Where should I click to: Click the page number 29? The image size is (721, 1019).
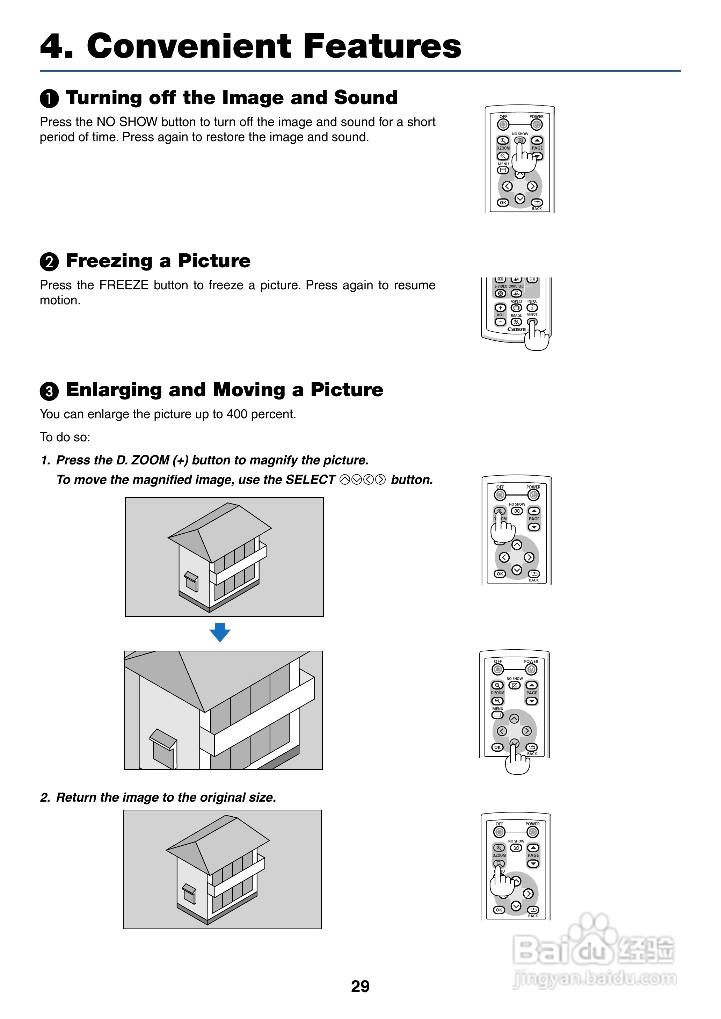tap(360, 986)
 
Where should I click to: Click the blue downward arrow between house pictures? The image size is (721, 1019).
tap(220, 632)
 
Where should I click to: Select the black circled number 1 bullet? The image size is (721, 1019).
tap(49, 99)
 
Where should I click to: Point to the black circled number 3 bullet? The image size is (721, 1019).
tap(49, 391)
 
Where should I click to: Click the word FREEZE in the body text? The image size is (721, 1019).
tap(124, 285)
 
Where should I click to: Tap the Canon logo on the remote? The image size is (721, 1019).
tap(516, 330)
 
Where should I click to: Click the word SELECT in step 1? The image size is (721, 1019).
tap(310, 480)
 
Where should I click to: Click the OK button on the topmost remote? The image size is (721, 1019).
tap(503, 202)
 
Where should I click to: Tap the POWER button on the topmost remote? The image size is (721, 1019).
tap(536, 124)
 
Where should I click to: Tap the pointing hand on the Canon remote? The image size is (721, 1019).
tap(536, 337)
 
